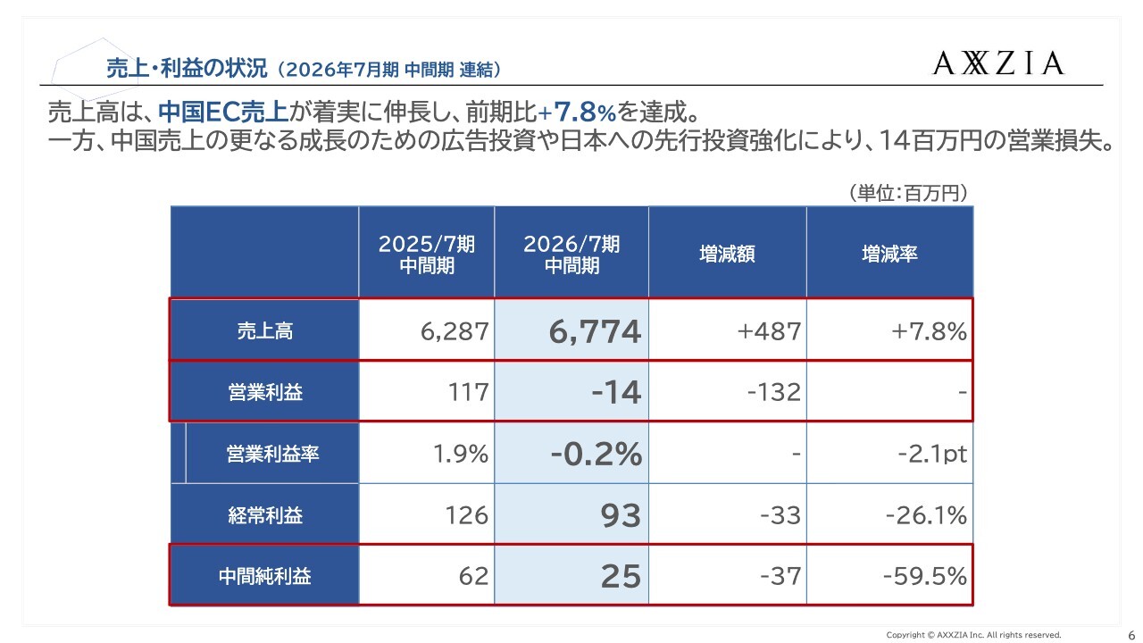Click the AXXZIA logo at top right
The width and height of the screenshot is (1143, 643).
999,63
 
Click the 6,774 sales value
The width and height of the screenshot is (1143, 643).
596,332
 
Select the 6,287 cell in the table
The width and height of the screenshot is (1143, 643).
455,332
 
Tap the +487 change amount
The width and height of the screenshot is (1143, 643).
769,332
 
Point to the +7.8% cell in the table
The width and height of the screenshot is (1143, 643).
929,332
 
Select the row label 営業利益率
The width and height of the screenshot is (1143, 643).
272,454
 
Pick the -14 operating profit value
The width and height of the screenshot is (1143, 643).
615,392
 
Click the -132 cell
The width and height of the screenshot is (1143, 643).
773,392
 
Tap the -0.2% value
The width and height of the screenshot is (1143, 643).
597,454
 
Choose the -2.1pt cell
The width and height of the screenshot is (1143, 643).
932,454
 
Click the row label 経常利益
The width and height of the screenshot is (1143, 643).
264,515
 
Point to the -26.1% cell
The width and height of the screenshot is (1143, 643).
926,515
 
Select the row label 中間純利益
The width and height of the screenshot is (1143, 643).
264,576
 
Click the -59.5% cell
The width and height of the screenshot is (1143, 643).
924,576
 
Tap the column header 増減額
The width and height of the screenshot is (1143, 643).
727,254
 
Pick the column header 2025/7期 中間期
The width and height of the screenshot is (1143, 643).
426,255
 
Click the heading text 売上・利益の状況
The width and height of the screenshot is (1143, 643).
187,68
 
